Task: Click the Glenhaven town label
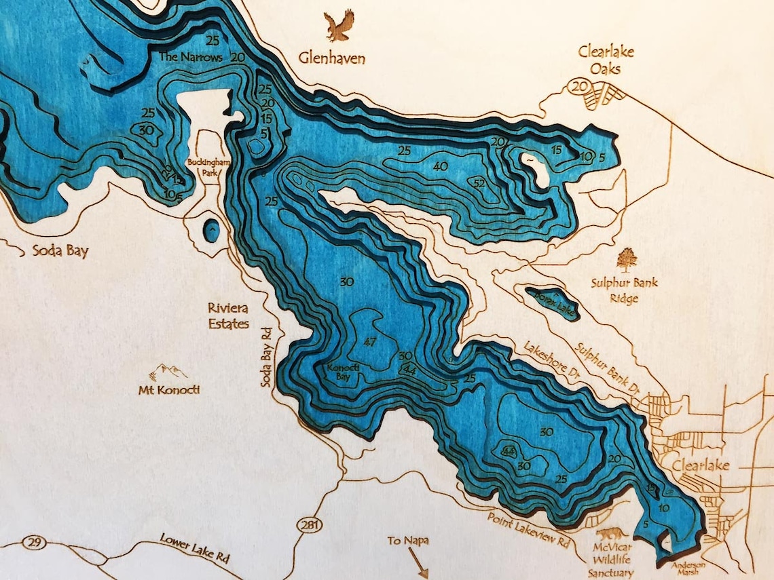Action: pos(332,58)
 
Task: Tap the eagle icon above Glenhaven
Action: pos(339,26)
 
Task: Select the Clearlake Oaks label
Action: pos(600,60)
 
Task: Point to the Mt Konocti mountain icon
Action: pos(168,372)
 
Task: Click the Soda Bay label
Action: pos(60,251)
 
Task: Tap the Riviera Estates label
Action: pos(228,316)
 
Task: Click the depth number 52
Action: pos(479,182)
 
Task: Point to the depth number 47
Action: pos(370,341)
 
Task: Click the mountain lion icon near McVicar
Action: pos(608,538)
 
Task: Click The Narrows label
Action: pos(191,58)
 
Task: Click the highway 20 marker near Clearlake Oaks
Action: pos(578,86)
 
